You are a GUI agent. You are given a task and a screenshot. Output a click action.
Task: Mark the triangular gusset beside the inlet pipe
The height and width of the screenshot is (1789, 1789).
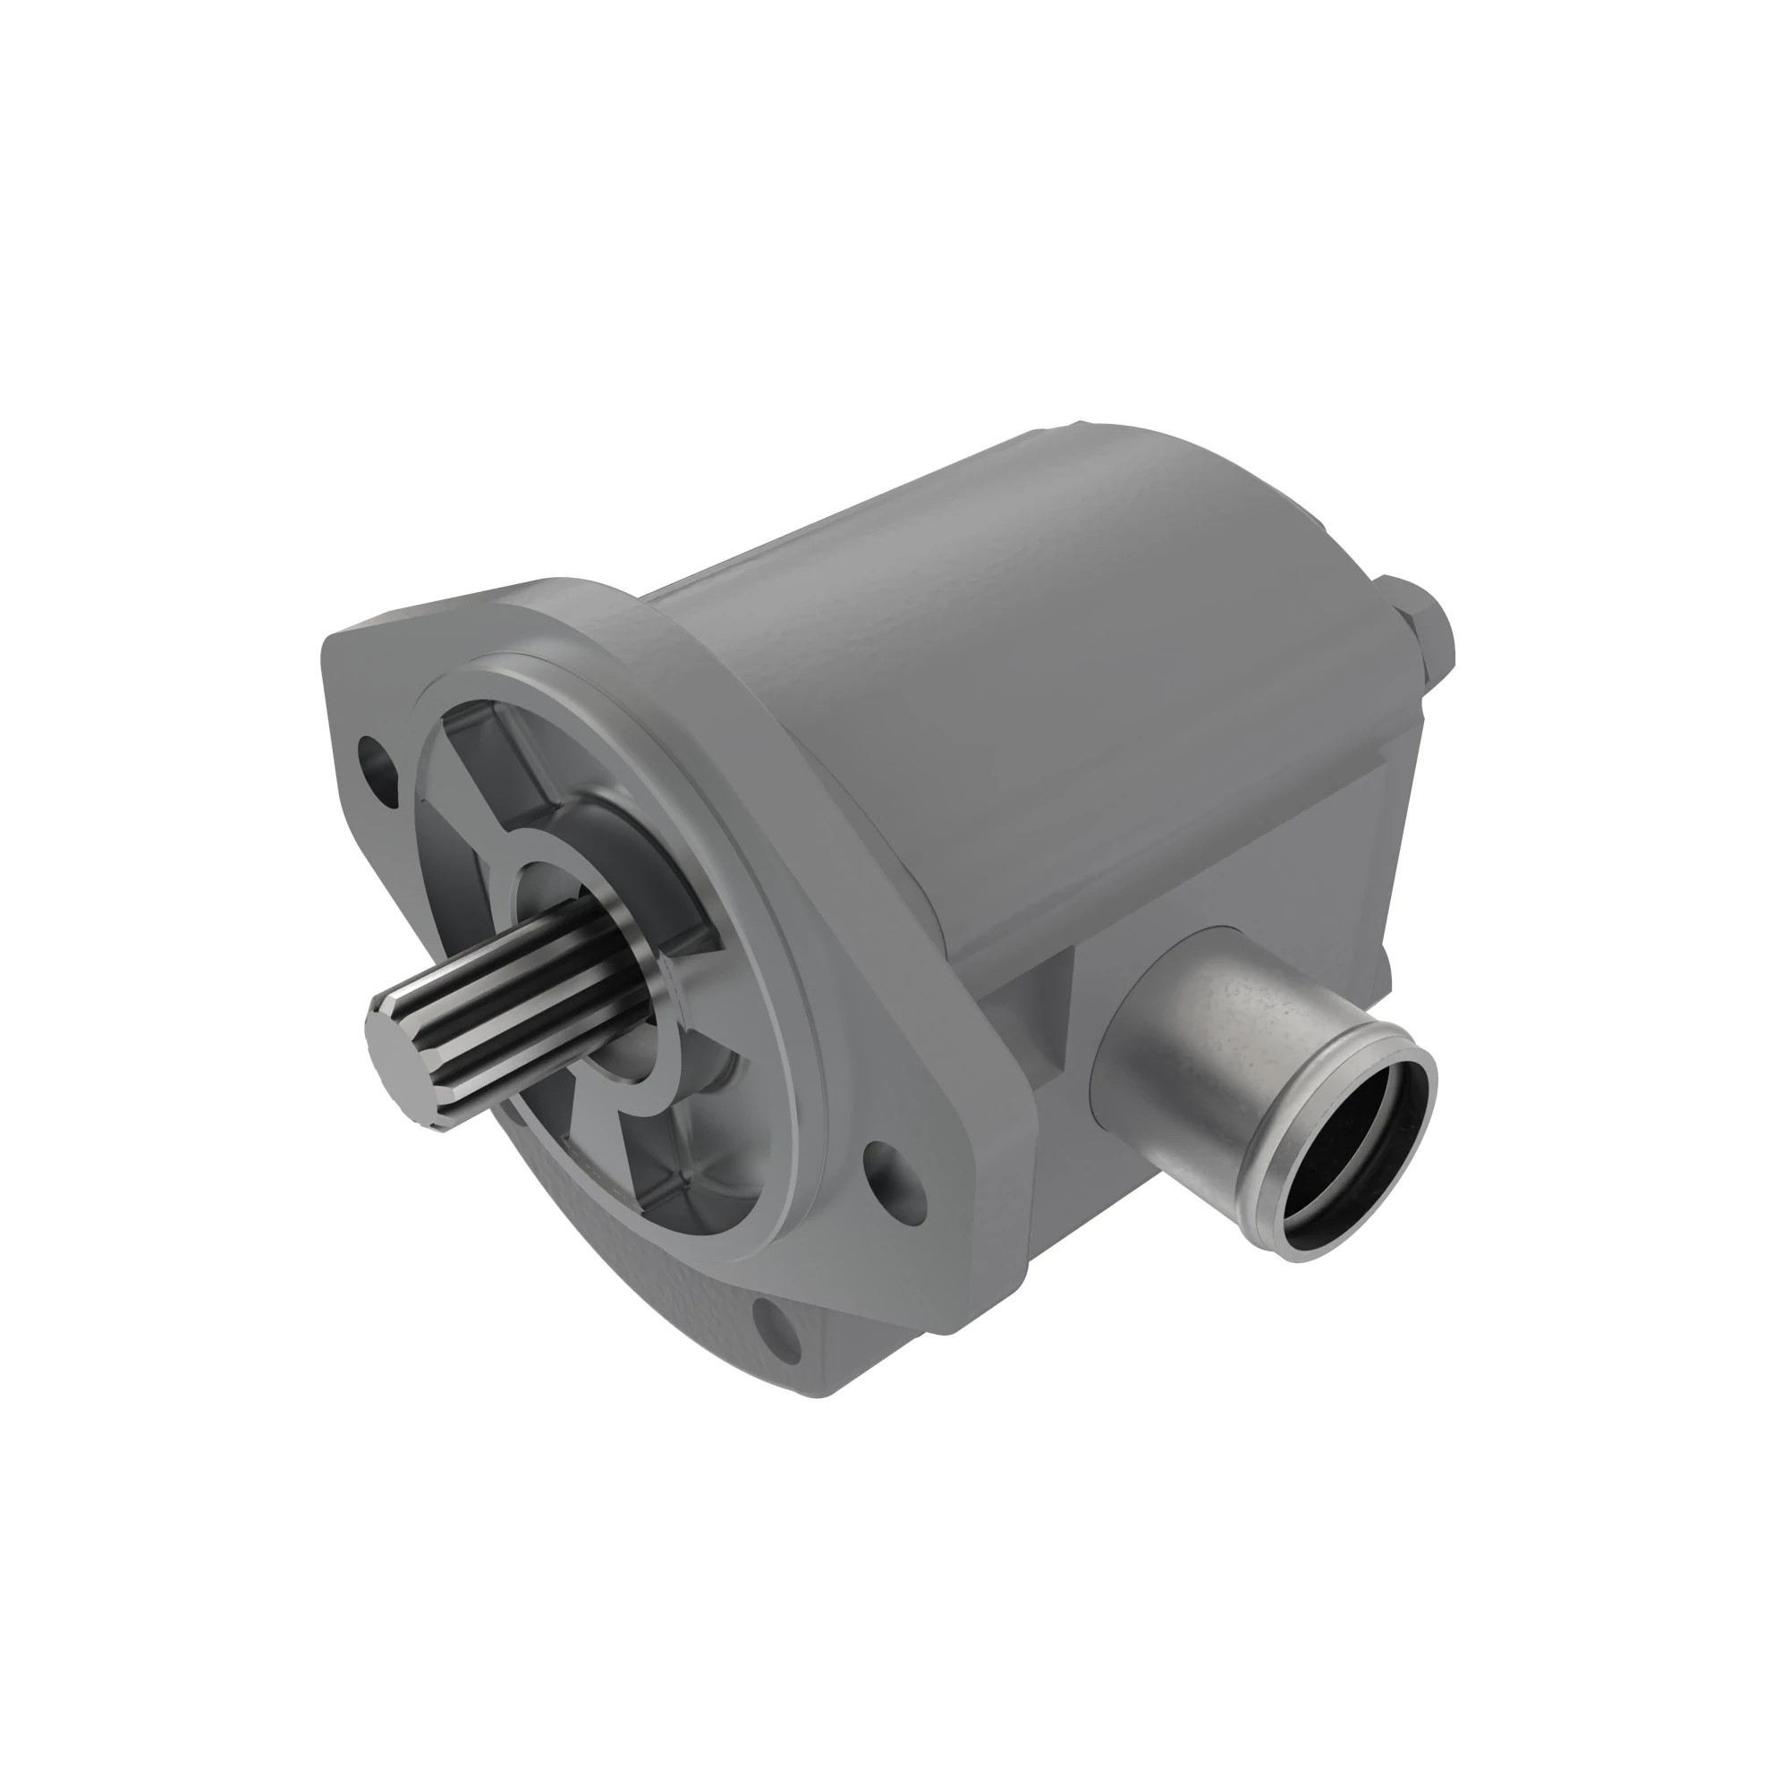point(1047,1019)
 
